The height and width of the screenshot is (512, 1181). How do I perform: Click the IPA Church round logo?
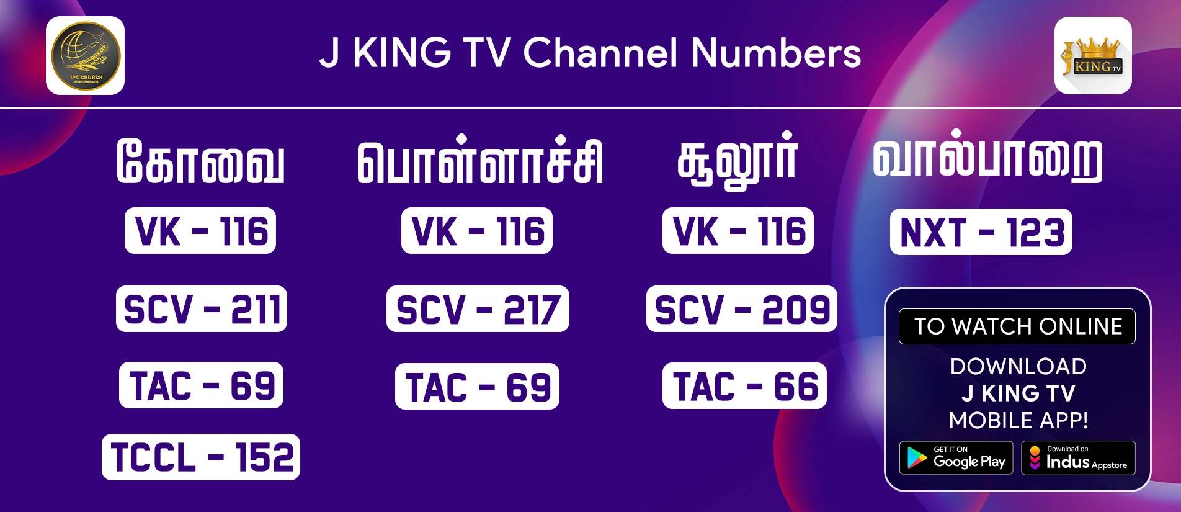(x=86, y=56)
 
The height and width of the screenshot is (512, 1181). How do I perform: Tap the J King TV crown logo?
(x=1093, y=56)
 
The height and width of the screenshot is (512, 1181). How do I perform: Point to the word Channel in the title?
(x=600, y=53)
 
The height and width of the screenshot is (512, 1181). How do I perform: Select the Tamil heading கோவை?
(x=201, y=161)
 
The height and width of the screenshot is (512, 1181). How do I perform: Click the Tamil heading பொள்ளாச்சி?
(x=479, y=161)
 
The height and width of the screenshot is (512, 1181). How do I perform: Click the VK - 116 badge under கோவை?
(x=200, y=231)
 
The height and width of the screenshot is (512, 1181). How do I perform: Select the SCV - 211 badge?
(x=202, y=309)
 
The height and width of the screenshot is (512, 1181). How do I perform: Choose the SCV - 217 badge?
(x=478, y=309)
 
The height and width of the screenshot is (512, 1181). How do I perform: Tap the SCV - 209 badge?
(x=742, y=309)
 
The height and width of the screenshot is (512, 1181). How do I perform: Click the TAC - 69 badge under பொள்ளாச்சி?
(x=477, y=387)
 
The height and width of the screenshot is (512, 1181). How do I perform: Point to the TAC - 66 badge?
(x=744, y=386)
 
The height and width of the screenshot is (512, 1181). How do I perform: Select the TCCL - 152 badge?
(x=201, y=457)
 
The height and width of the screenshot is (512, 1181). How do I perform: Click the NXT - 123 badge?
(x=981, y=232)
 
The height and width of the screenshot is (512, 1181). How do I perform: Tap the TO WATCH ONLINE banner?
(x=1017, y=326)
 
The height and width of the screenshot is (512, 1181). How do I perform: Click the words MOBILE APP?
(x=1018, y=420)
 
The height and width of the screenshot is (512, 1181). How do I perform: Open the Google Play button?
(x=956, y=458)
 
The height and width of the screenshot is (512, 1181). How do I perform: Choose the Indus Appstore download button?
(x=1078, y=458)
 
